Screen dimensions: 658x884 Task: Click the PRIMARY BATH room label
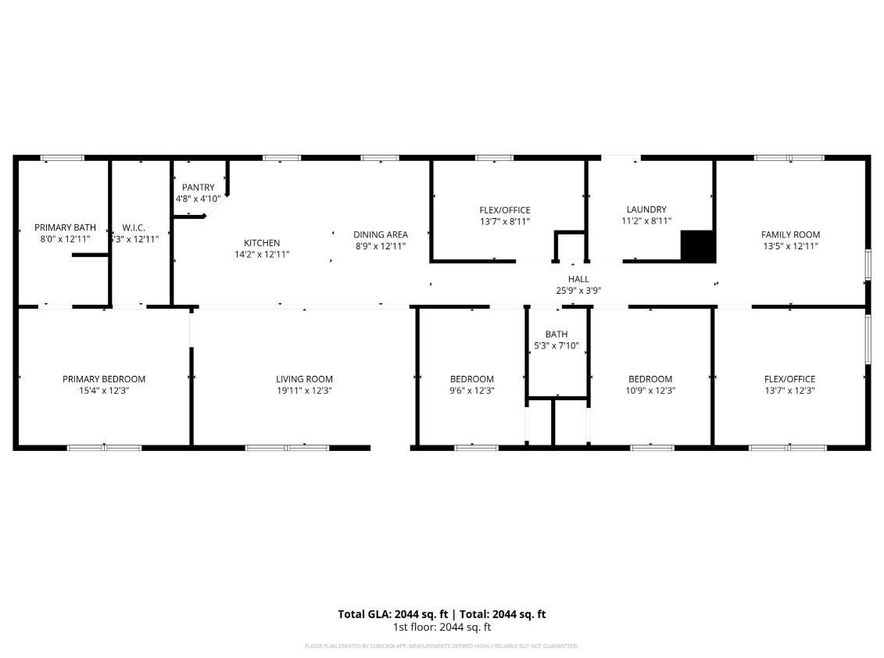click(65, 227)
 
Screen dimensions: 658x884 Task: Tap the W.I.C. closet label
click(134, 228)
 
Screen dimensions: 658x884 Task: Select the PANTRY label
click(198, 188)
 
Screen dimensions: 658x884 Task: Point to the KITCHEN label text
click(262, 243)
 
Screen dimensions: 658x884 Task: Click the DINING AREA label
click(381, 234)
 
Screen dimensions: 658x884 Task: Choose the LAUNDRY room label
click(646, 209)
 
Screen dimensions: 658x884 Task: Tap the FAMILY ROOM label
click(790, 234)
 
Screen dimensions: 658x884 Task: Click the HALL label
click(578, 279)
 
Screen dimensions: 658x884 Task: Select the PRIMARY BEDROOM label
click(104, 379)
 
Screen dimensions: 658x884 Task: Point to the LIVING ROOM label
click(304, 379)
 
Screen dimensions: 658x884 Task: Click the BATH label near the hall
click(557, 334)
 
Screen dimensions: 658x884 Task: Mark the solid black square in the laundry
click(698, 246)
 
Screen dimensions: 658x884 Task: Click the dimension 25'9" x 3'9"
click(578, 291)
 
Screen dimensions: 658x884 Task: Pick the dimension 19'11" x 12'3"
click(304, 391)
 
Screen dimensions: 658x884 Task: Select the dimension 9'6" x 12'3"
click(472, 391)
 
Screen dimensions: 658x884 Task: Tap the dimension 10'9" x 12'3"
click(650, 391)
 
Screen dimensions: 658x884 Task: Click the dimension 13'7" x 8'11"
click(505, 221)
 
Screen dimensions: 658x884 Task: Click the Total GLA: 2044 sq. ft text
click(392, 614)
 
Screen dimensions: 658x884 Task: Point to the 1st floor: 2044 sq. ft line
click(442, 627)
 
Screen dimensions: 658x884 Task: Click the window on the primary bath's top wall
click(62, 159)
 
